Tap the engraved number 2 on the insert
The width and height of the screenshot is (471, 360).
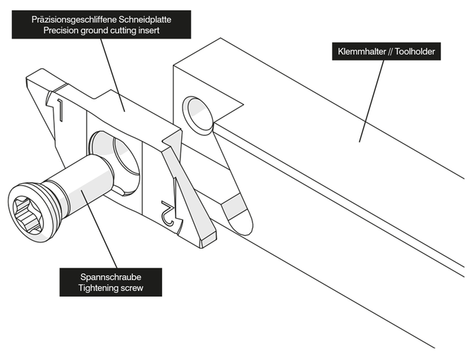[x=168, y=215]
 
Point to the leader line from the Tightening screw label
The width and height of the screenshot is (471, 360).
[x=98, y=232]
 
